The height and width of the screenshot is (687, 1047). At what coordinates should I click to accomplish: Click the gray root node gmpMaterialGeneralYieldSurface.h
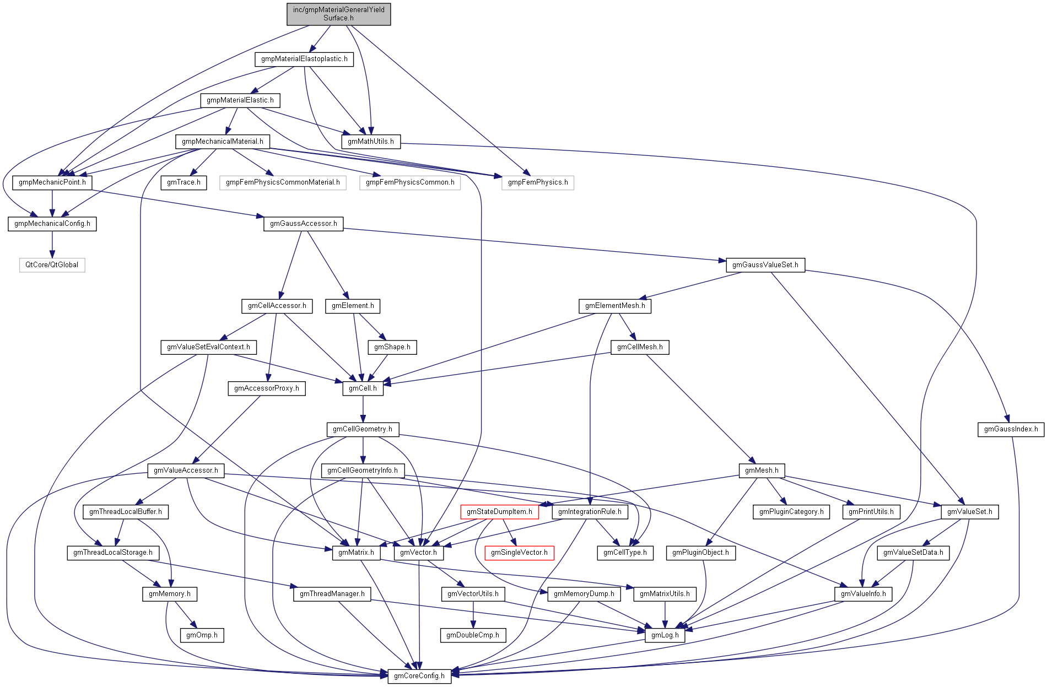click(338, 14)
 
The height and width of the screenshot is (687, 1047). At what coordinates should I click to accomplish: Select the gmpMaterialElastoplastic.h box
click(304, 59)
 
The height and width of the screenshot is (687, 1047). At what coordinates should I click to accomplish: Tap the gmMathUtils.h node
click(371, 142)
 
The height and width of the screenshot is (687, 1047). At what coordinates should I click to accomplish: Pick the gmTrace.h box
click(184, 182)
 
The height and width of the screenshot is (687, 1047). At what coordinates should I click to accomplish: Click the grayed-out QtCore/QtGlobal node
click(52, 265)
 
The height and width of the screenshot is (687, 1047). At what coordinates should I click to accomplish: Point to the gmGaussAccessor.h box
click(303, 224)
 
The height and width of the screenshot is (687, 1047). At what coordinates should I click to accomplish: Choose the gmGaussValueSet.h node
click(765, 265)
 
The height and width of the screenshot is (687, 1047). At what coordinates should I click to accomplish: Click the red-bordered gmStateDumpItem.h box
click(499, 512)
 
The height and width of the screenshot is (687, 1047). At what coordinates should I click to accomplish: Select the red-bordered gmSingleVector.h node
click(519, 553)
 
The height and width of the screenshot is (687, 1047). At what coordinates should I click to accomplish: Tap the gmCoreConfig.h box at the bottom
click(419, 676)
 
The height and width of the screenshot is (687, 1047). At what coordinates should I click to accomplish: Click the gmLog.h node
click(665, 635)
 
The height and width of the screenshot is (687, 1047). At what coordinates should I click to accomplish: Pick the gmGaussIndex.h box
click(1011, 429)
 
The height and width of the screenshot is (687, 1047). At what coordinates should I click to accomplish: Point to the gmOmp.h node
click(202, 635)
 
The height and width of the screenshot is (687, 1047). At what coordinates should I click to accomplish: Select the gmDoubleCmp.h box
click(473, 635)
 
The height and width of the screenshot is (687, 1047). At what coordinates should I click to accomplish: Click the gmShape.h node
click(392, 347)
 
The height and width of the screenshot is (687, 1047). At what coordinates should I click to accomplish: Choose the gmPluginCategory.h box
click(791, 512)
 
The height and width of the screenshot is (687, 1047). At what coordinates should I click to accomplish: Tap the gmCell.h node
click(363, 388)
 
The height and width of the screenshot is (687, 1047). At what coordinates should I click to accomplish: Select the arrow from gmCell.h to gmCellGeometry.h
click(363, 409)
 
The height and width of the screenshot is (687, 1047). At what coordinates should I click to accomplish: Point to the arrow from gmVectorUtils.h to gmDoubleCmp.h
click(473, 614)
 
